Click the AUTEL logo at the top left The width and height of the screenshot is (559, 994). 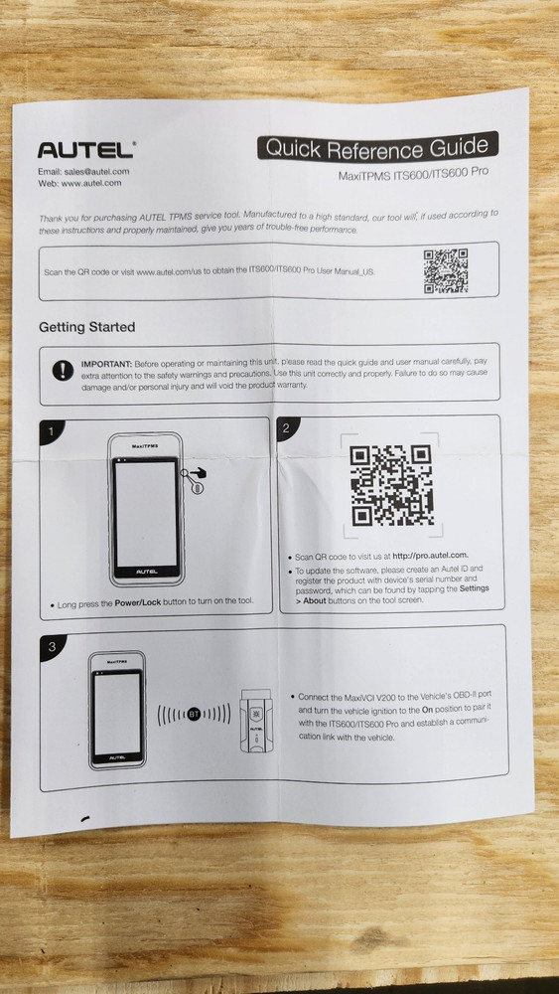85,150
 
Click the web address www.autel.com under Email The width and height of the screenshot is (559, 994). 91,183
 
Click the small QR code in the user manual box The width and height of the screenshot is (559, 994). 446,270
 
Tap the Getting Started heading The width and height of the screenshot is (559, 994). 86,328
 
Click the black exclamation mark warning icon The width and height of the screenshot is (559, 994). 63,370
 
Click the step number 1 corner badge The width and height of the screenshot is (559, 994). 50,431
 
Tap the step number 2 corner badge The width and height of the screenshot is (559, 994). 287,427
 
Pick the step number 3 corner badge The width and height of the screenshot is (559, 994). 52,646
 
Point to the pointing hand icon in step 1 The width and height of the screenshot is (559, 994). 199,472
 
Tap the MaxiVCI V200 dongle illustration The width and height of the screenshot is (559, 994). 256,721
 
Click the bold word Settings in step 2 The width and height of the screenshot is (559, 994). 475,588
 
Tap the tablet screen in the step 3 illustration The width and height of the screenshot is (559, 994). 117,713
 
